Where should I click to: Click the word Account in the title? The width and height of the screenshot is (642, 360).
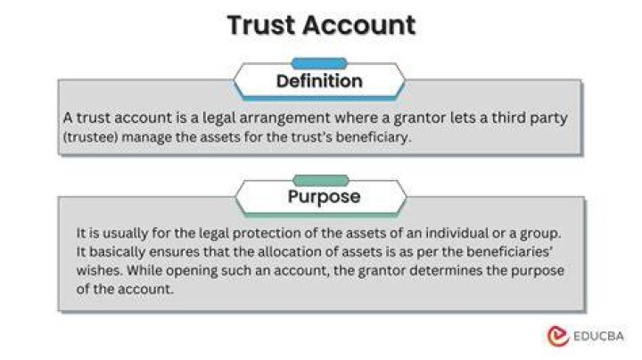(x=359, y=25)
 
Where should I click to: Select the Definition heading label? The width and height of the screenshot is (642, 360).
(x=319, y=81)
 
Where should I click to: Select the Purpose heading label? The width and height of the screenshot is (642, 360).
(x=324, y=197)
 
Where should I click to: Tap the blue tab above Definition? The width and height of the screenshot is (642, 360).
(x=319, y=63)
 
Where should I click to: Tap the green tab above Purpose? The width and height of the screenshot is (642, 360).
(x=321, y=180)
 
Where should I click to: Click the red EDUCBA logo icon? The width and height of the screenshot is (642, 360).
(x=558, y=336)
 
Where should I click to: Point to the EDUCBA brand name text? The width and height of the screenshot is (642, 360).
(x=598, y=336)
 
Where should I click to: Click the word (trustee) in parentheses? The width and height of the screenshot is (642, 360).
(x=90, y=137)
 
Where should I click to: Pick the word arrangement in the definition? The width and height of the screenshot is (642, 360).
(x=284, y=118)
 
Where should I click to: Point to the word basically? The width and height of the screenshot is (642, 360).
(x=117, y=251)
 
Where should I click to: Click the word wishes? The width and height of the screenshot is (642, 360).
(x=100, y=270)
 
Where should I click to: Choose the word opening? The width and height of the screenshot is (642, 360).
(x=192, y=271)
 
